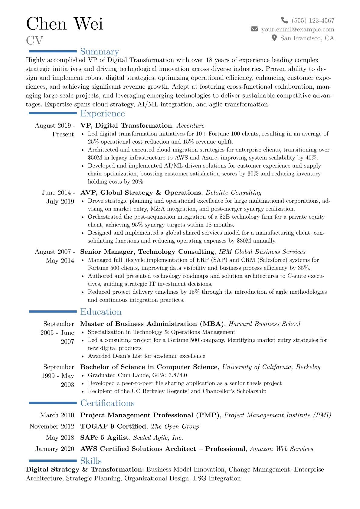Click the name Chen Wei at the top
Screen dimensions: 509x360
coord(64,24)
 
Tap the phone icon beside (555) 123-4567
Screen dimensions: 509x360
coord(284,20)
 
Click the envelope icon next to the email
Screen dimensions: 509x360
coord(254,29)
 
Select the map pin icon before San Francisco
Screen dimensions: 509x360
coord(274,38)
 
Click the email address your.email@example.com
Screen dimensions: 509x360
coord(298,29)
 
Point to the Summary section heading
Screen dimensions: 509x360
coord(100,52)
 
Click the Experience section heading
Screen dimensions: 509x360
coord(103,113)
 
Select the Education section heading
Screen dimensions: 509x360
coord(101,312)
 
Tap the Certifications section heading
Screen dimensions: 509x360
coord(107,403)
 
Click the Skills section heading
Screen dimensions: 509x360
coord(91,461)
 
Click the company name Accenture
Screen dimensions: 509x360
coord(190,126)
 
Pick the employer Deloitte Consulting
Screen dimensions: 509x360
coord(234,193)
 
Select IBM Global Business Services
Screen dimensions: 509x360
coord(262,252)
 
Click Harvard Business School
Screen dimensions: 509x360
coord(264,324)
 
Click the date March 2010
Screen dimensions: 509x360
coord(57,415)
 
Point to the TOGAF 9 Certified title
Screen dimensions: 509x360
coord(113,426)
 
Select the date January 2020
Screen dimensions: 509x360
coord(55,449)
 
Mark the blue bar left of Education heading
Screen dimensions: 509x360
coord(53,311)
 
